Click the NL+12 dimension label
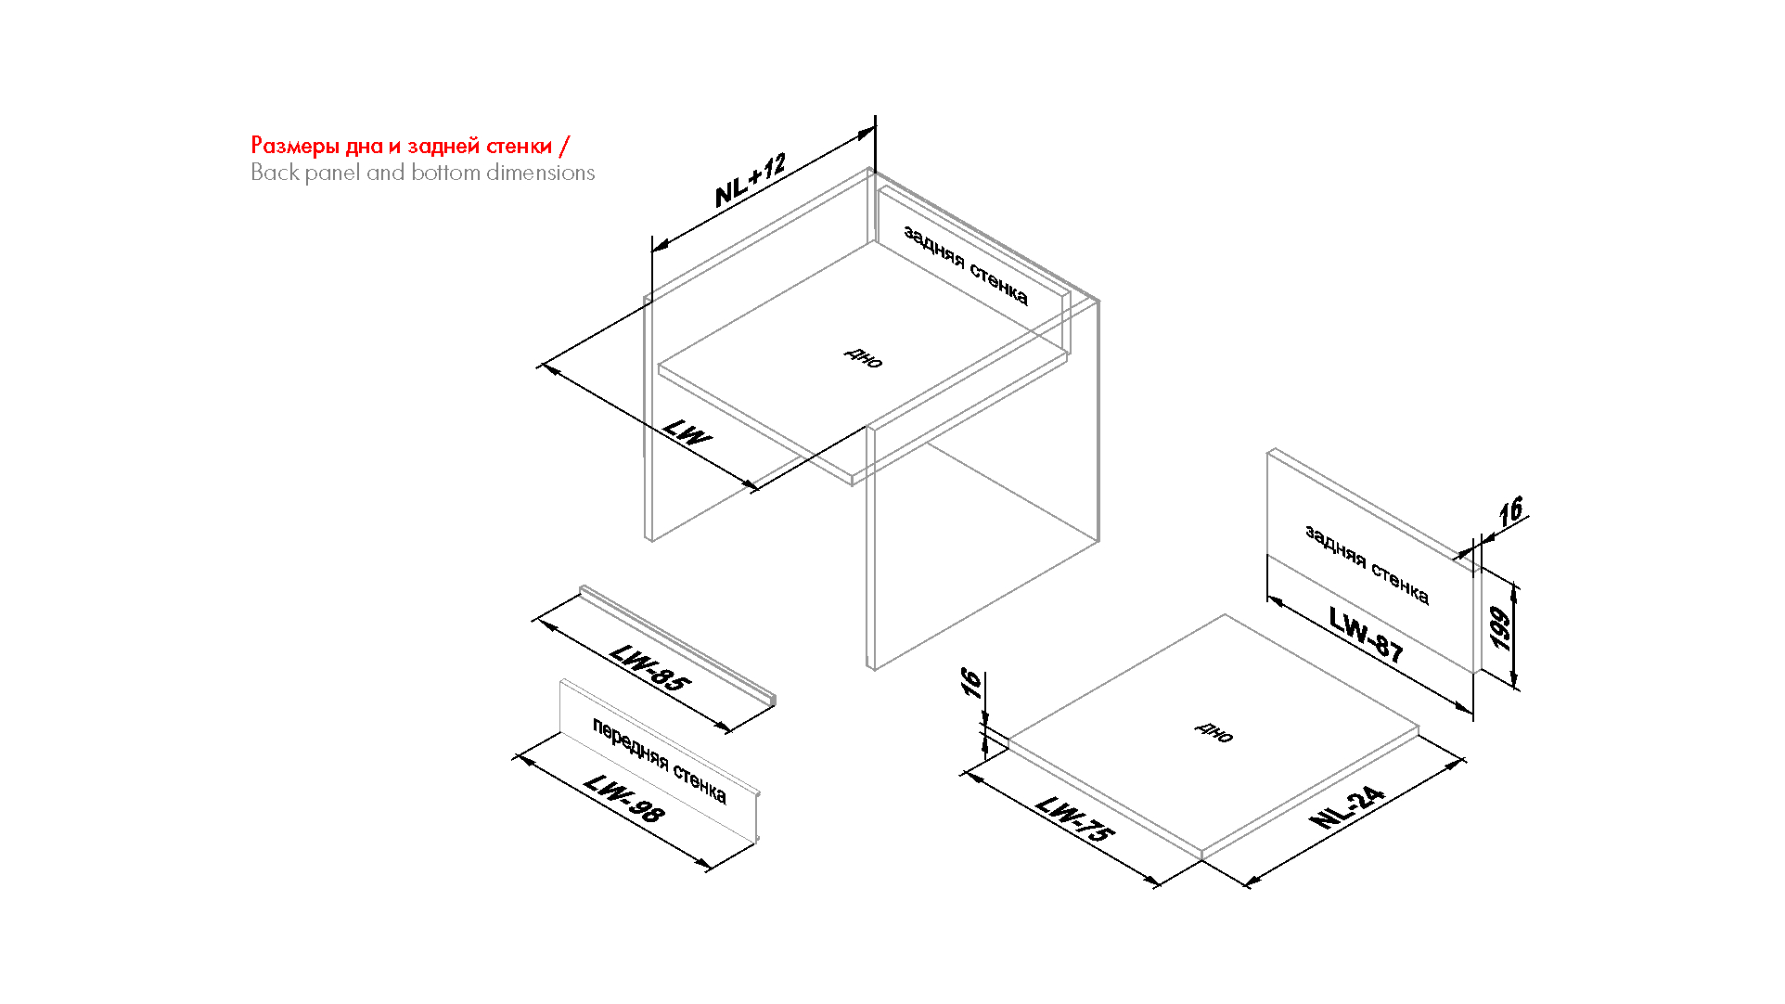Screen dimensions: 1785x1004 (x=751, y=180)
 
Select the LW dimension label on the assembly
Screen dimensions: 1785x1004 (x=687, y=432)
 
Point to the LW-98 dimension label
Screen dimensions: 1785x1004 (x=625, y=799)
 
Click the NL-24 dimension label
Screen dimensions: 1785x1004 (x=1347, y=807)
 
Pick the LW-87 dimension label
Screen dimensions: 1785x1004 (x=1366, y=634)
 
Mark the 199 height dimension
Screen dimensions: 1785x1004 (x=1499, y=628)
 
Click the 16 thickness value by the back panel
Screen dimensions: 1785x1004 (x=1511, y=511)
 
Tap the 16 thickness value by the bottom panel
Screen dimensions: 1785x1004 (x=970, y=683)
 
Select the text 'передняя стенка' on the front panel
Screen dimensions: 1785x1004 (x=660, y=761)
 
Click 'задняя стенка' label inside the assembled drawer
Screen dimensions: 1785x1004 (x=966, y=265)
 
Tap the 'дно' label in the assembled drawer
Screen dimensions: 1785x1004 (x=864, y=357)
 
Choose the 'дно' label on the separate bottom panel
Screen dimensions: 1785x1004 (x=1214, y=732)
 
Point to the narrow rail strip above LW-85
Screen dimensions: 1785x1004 (x=678, y=646)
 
